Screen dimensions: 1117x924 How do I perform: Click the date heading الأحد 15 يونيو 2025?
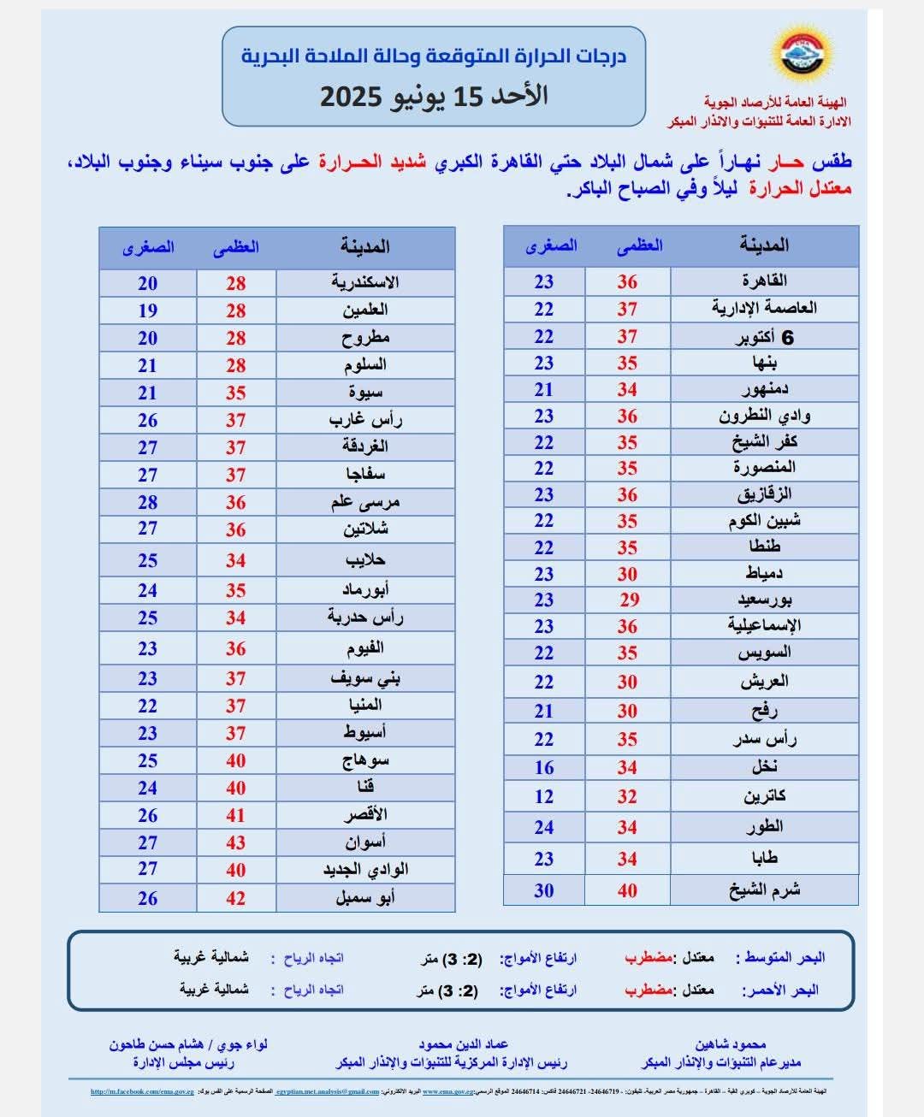point(434,95)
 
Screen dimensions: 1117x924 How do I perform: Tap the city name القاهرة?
point(764,281)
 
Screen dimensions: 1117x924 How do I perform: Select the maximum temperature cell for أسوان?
point(235,842)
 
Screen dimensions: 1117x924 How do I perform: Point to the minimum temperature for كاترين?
point(544,796)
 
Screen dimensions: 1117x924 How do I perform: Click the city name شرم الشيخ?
point(764,890)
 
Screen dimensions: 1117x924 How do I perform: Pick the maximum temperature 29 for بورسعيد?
point(629,600)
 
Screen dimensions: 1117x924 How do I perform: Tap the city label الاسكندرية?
point(365,282)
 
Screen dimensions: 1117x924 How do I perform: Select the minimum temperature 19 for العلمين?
point(148,310)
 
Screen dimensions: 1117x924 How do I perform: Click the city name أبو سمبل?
point(365,898)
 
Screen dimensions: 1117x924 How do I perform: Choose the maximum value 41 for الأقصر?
point(235,815)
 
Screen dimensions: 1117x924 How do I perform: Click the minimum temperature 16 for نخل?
point(544,767)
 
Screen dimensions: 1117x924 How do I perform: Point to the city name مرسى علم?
point(365,502)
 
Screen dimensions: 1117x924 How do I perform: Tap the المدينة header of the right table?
point(764,245)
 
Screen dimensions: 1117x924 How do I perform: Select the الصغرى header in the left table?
point(148,247)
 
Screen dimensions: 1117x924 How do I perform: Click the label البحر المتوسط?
point(782,958)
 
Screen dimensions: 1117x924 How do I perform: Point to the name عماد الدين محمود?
point(463,1044)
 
